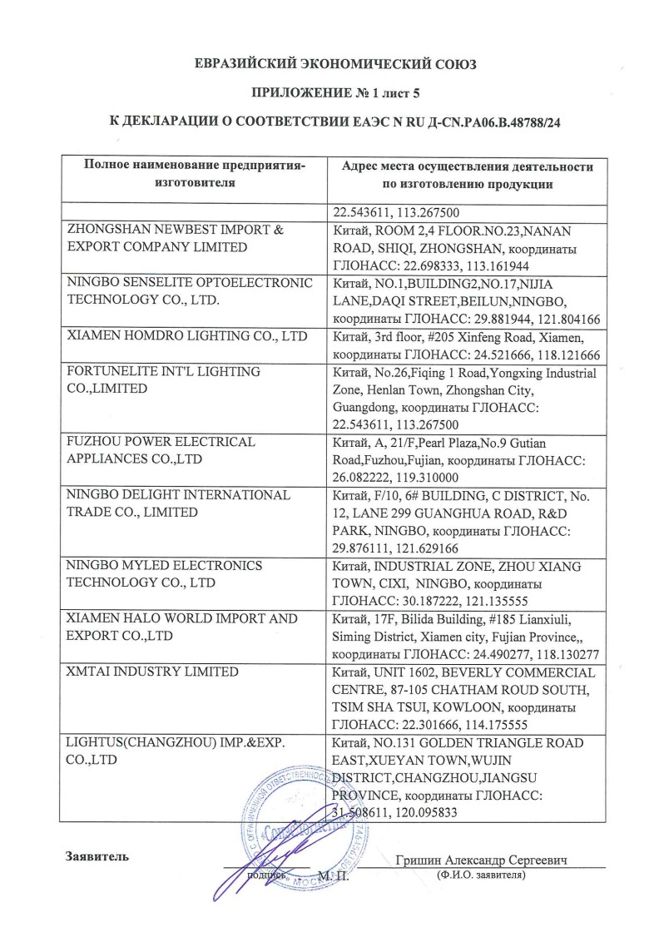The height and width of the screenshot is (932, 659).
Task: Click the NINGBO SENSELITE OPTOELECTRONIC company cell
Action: coord(189,292)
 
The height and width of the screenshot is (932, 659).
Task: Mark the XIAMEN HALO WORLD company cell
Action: coord(181,627)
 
